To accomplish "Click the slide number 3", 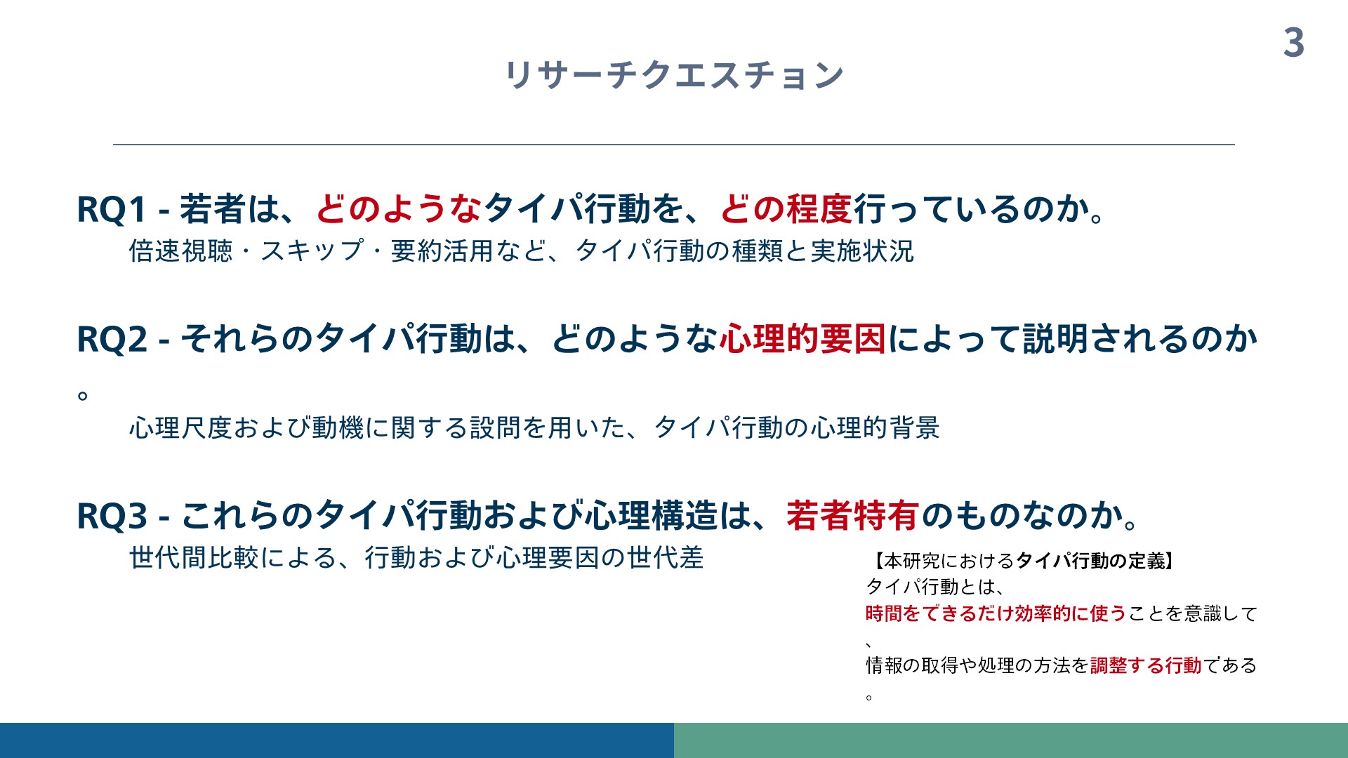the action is [1294, 43].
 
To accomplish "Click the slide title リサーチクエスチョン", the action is [674, 74].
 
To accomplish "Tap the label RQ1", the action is [112, 209].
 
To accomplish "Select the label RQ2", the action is [112, 339].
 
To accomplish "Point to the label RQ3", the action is [112, 516].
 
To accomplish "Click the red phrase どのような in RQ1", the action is [399, 208].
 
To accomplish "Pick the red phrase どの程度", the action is [786, 208].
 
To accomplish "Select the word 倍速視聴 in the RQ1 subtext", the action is [180, 251].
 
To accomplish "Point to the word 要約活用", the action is [442, 251].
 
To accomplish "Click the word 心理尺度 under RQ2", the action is [180, 427].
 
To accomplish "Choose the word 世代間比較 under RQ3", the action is [194, 558].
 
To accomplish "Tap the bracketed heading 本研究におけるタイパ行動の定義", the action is [1024, 561].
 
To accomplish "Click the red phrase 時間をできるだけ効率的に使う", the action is [996, 613].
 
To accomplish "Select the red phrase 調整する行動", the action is [1146, 665].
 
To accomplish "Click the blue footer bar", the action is [337, 740].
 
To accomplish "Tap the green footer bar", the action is [1011, 740].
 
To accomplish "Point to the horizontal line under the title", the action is [674, 145].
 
